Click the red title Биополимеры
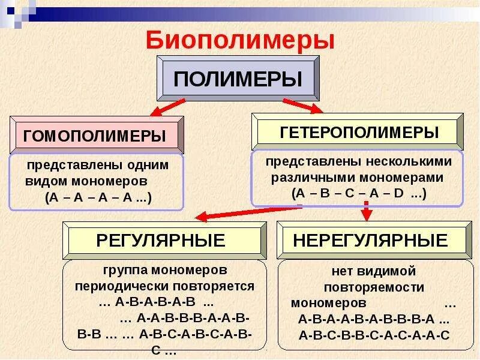[240, 40]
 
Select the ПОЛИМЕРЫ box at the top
[238, 79]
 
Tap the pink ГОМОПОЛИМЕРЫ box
[95, 136]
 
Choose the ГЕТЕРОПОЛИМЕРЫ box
[359, 131]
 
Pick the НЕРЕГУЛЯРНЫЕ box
[370, 241]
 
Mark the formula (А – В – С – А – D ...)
[359, 193]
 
